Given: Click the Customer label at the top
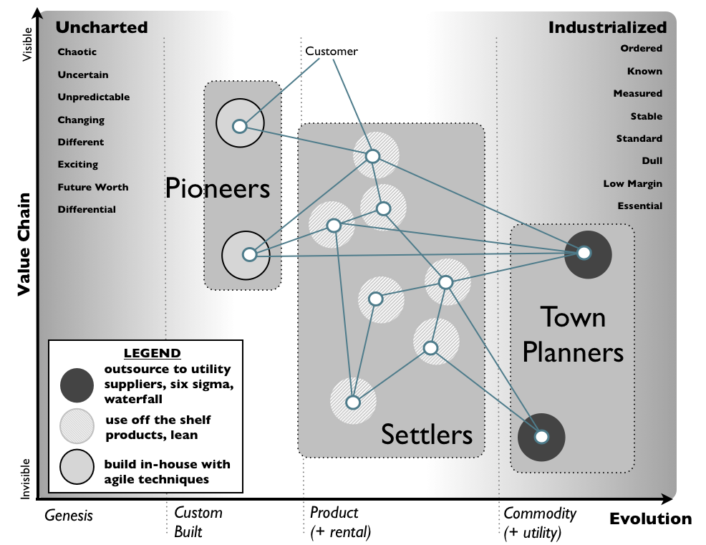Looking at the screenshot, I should [x=331, y=52].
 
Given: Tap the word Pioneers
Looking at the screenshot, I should [x=218, y=188].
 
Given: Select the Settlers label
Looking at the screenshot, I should [x=427, y=434].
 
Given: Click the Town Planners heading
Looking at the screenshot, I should [x=573, y=334].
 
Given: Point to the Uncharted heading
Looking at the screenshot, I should [x=102, y=28].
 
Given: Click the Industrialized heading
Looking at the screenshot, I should [x=607, y=28].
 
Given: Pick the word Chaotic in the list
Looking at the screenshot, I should [x=77, y=52].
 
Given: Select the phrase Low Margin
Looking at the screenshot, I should [x=632, y=184].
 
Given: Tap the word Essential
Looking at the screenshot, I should [x=639, y=206].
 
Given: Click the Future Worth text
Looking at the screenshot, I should [x=93, y=187].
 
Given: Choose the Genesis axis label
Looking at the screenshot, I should [x=69, y=515].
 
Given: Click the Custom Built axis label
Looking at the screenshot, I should [x=198, y=522].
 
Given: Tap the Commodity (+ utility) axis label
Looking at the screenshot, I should [x=540, y=522].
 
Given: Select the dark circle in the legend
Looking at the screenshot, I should [x=77, y=385].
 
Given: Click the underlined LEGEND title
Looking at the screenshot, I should [x=152, y=353].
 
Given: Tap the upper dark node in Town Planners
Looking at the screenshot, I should [x=584, y=253].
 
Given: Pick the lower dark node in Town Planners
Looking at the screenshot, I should [x=542, y=436].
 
